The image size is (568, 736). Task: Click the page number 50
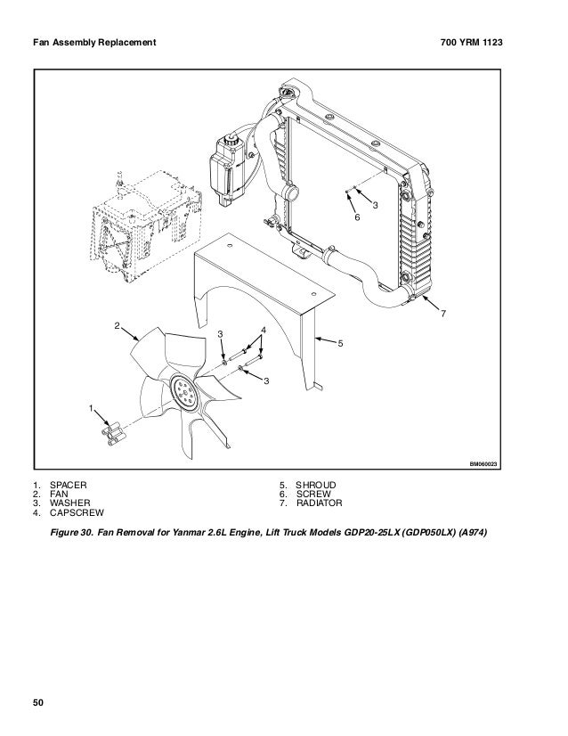40,704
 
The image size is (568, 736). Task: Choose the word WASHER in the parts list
69,504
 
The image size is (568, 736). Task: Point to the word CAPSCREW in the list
77,514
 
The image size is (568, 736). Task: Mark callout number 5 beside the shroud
339,342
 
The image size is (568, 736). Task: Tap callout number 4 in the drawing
264,331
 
